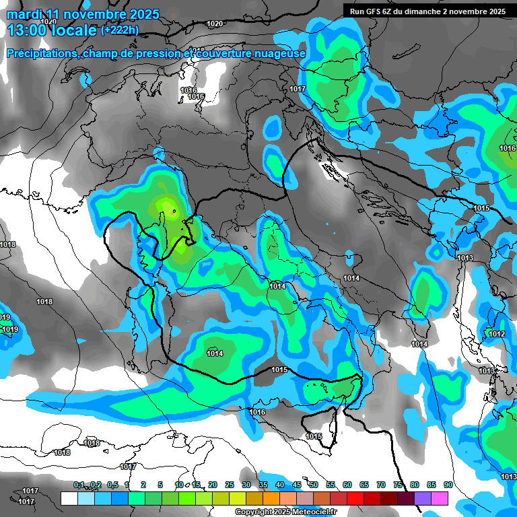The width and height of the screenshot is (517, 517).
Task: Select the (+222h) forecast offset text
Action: coord(120,30)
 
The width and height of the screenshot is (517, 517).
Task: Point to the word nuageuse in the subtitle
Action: coord(279,53)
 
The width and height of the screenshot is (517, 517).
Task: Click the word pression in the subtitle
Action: coord(157,53)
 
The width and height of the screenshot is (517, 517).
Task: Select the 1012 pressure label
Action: coord(497,335)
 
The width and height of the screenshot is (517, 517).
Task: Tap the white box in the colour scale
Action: coord(69,498)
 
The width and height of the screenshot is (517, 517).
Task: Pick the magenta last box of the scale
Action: coord(440,498)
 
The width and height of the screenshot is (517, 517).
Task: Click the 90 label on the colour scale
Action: coord(448,485)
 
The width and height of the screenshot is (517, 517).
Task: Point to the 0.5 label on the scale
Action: coord(112,485)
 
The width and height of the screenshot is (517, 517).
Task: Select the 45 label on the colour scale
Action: coord(297,485)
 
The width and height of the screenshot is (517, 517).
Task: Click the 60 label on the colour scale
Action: coord(347,485)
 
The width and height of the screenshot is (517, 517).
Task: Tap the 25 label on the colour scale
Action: coord(230,485)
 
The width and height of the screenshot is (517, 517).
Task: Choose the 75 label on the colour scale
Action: coord(398,485)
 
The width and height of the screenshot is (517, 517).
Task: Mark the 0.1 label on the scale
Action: coord(79,485)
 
